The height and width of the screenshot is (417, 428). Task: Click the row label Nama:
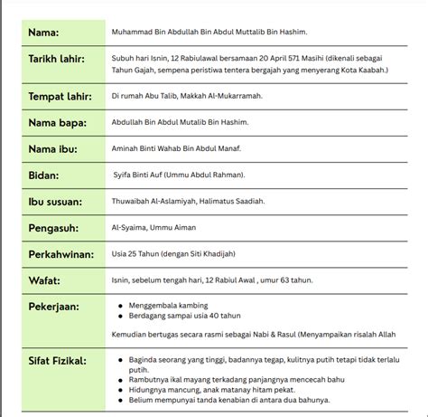[43, 32]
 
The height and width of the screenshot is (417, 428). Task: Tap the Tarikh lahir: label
[58, 60]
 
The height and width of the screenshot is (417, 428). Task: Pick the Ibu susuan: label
[57, 201]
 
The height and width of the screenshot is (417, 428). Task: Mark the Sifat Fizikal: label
[59, 363]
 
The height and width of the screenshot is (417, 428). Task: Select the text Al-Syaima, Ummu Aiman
[151, 229]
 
